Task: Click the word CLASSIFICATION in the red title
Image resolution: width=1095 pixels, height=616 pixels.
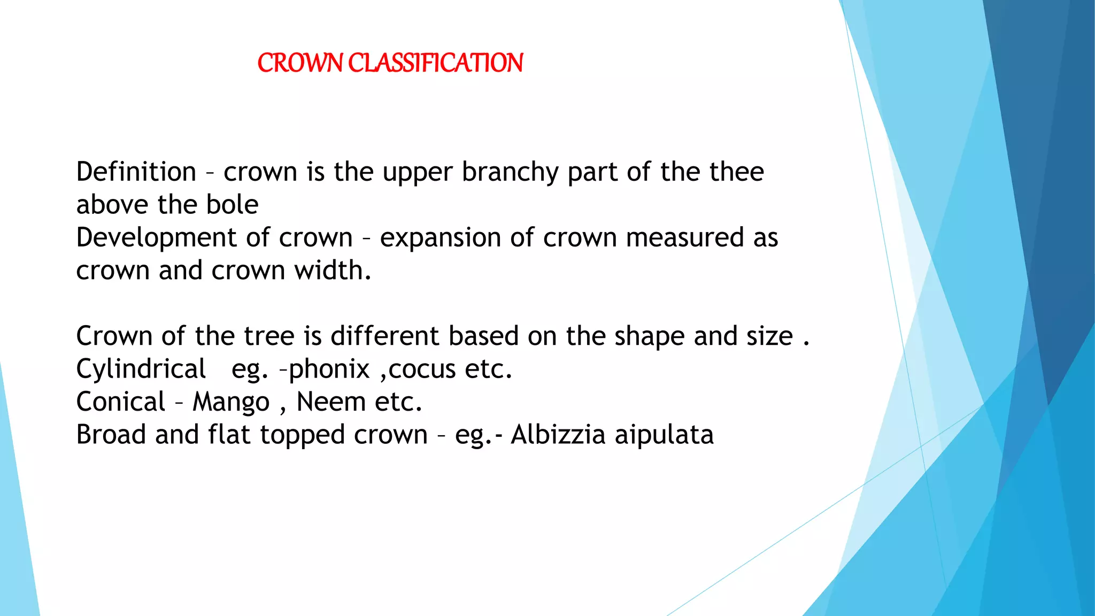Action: (435, 63)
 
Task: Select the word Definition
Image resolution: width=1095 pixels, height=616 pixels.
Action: (136, 172)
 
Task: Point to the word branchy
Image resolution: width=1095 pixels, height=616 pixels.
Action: (510, 172)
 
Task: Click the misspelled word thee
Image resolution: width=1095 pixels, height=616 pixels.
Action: (736, 172)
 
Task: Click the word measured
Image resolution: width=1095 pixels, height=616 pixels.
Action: (685, 238)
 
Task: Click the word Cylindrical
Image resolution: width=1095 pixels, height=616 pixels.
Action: (141, 369)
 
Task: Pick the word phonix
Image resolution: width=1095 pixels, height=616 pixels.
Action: (329, 369)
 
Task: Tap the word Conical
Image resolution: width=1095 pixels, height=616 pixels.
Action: (121, 402)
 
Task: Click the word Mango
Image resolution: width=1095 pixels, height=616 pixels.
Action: (231, 403)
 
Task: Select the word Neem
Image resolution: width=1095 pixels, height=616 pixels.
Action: (331, 402)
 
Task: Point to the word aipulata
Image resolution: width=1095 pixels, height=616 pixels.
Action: (664, 435)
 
